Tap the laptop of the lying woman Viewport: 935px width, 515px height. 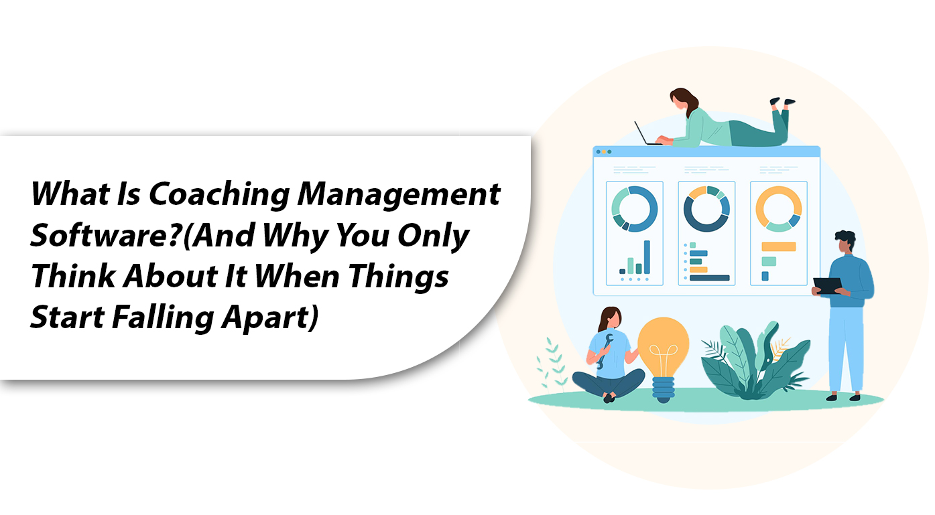point(645,134)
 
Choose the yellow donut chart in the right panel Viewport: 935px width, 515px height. point(779,208)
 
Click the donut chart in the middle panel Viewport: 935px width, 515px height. point(706,208)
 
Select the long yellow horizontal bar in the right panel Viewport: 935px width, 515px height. point(779,246)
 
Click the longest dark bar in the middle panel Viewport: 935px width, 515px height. point(709,278)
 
